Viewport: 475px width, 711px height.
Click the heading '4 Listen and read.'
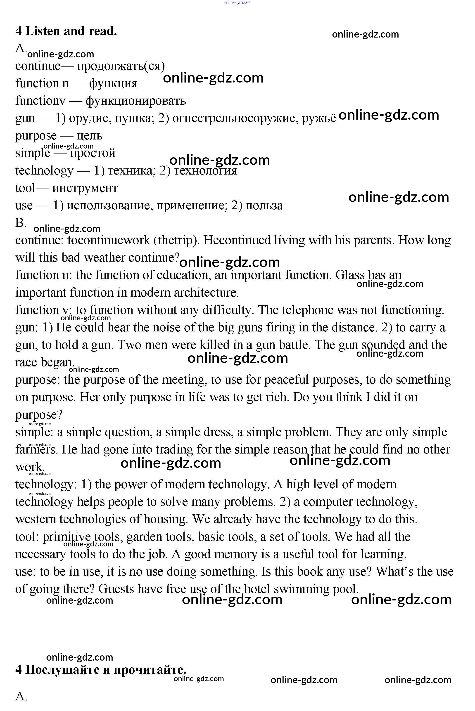tap(66, 31)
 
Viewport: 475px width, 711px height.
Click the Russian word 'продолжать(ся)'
tap(121, 66)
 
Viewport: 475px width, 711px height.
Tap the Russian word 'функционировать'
tap(136, 101)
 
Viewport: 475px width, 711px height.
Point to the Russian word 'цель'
tap(89, 136)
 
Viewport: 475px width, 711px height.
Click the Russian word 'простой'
tap(93, 153)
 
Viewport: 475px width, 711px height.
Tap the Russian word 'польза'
tap(264, 206)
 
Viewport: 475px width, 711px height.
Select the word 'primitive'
tap(66, 537)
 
